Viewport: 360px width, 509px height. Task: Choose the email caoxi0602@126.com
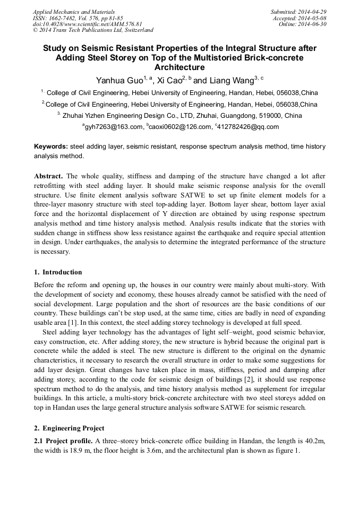point(178,127)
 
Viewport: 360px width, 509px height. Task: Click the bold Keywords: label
point(51,146)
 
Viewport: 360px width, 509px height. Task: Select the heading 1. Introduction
point(58,272)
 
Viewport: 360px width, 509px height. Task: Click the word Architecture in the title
point(179,67)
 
